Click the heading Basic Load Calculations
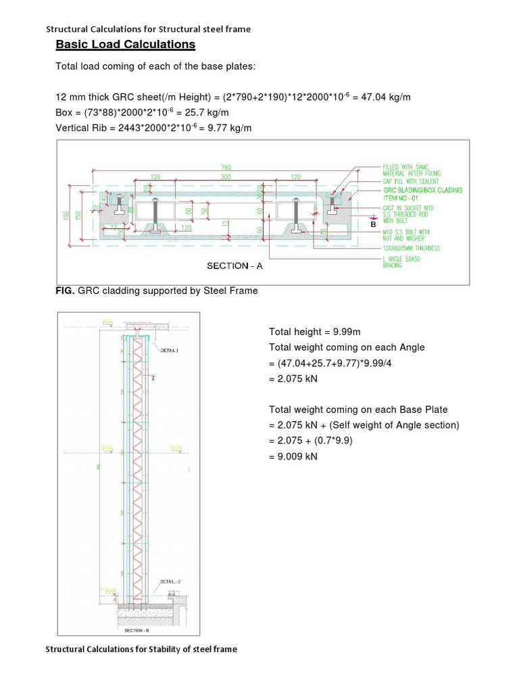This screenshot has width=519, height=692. pos(125,45)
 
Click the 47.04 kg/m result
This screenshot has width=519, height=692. pos(388,97)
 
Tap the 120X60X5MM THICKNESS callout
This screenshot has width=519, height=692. pos(411,248)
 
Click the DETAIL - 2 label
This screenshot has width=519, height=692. pos(170,581)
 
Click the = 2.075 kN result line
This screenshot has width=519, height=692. pos(293,378)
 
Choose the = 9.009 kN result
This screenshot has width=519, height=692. pos(293,456)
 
